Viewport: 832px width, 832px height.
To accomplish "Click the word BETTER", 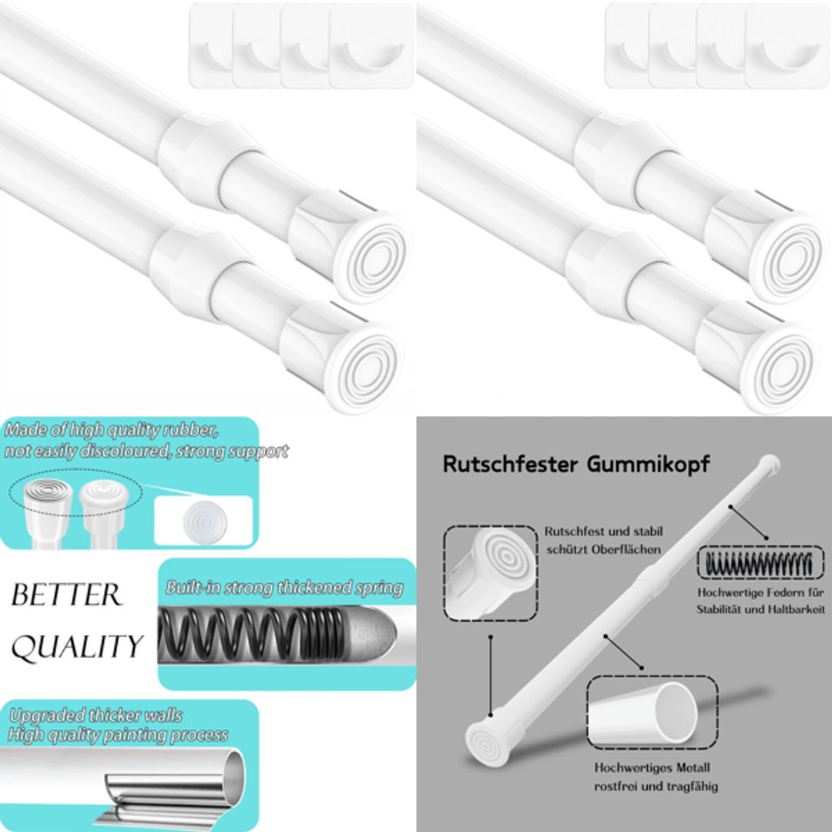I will click(66, 595).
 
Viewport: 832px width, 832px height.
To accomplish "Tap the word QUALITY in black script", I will click(77, 647).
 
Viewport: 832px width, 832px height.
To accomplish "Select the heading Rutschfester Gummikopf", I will click(576, 465).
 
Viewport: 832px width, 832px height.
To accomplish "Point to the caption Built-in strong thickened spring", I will click(284, 589).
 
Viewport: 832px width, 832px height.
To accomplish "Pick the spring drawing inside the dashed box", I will click(754, 562).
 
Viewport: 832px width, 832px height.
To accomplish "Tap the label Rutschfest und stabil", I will click(603, 532).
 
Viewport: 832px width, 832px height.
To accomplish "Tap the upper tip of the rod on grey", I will click(770, 463).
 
